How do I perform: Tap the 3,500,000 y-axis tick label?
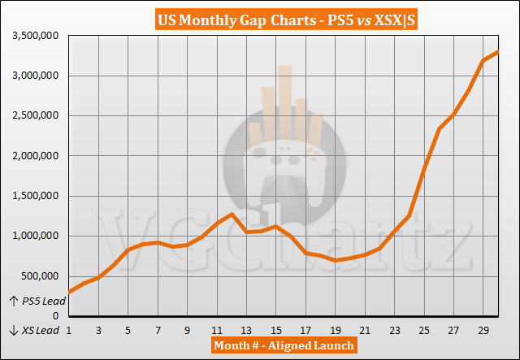pyautogui.click(x=33, y=36)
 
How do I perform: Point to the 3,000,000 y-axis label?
pyautogui.click(x=33, y=76)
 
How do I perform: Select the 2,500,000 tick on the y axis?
pyautogui.click(x=33, y=115)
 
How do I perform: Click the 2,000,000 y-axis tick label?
pyautogui.click(x=33, y=155)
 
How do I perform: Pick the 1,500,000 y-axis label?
pyautogui.click(x=33, y=196)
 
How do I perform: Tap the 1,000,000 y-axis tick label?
pyautogui.click(x=33, y=236)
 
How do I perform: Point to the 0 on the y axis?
pyautogui.click(x=57, y=315)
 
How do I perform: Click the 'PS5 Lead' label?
pyautogui.click(x=35, y=301)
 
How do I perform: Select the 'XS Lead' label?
pyautogui.click(x=35, y=330)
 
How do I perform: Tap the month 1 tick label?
pyautogui.click(x=68, y=330)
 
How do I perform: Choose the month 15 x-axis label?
pyautogui.click(x=276, y=330)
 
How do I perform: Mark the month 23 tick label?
pyautogui.click(x=395, y=330)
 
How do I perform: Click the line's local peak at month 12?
pyautogui.click(x=232, y=214)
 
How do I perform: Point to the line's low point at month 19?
pyautogui.click(x=336, y=260)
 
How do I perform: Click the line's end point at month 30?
pyautogui.click(x=498, y=53)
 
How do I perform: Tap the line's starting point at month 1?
pyautogui.click(x=68, y=291)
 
